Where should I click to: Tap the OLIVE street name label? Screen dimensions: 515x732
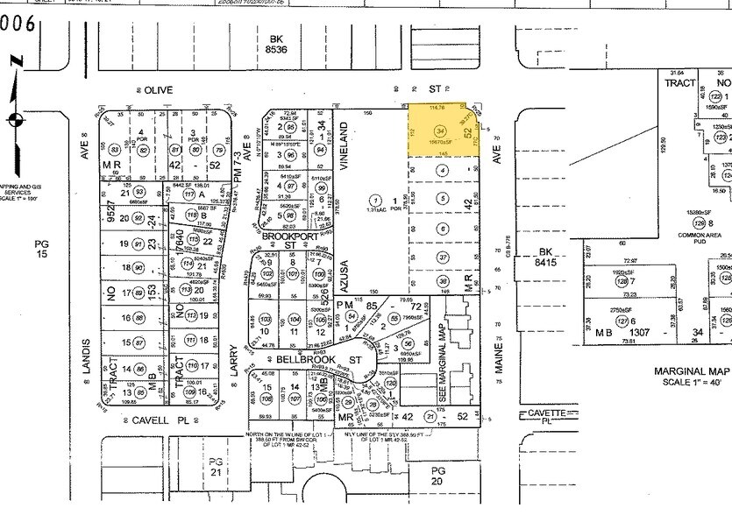point(159,89)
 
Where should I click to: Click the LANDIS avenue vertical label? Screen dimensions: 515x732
point(87,357)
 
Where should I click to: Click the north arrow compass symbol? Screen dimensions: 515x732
point(15,118)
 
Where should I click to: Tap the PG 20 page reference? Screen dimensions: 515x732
point(439,476)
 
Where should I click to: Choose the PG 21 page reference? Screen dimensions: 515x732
point(216,465)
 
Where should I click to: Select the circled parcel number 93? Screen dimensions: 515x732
point(139,192)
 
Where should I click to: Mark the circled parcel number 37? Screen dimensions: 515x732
point(443,257)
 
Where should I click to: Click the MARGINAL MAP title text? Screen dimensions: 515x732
point(692,371)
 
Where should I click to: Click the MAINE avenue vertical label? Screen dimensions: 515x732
point(498,357)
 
